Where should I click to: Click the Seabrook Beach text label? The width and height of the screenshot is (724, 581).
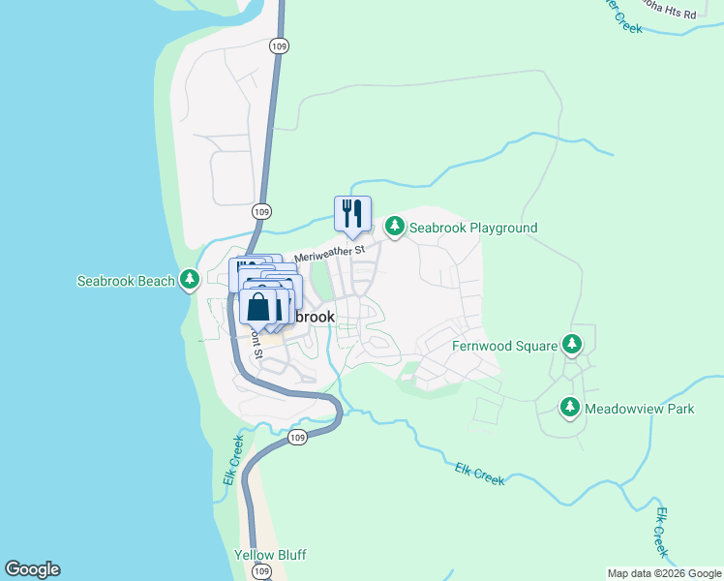point(126,282)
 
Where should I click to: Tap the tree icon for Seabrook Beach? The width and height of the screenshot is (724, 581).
point(191,281)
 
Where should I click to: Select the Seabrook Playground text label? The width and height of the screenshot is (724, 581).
point(472,228)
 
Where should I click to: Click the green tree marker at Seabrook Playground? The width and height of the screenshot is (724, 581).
point(394,227)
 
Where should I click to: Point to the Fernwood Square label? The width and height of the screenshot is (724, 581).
point(504,346)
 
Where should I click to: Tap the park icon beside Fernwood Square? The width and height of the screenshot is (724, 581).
point(572,345)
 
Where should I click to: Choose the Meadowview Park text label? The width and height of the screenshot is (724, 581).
point(640,409)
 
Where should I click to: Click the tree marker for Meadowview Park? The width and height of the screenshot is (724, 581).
point(571,408)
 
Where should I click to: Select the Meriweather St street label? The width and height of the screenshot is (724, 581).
point(329,253)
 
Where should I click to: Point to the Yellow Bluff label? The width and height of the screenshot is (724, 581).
point(270,556)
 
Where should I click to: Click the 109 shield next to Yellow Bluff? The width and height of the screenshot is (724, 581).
point(261,572)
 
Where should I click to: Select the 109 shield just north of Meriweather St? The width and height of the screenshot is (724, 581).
point(261,211)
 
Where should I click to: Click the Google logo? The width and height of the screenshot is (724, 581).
point(32,569)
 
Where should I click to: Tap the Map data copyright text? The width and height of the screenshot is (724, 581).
point(664,573)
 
